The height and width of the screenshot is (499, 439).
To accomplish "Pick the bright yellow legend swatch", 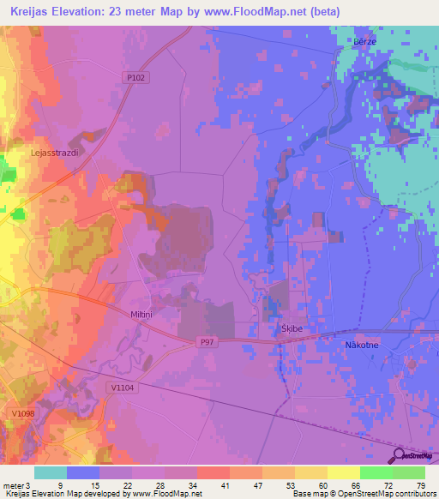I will [x=343, y=472].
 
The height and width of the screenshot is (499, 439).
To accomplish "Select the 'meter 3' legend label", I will [x=15, y=484].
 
